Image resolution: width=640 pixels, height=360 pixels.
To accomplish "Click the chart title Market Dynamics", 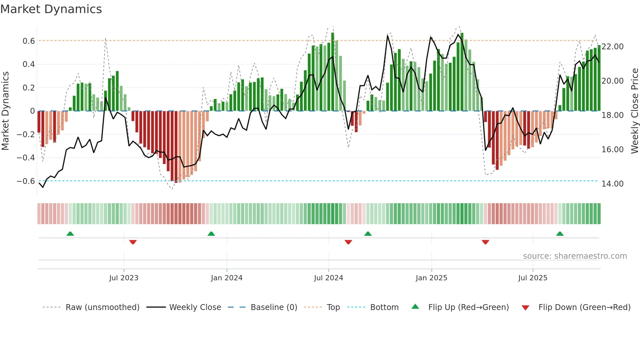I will point(51,9).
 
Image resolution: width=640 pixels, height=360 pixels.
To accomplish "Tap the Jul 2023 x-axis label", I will point(124,278).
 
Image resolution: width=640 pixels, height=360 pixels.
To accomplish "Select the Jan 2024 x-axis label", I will point(227,278).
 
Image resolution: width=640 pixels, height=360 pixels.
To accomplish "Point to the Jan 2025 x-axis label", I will point(431,278).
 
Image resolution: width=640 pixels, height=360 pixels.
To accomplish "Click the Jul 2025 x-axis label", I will point(533,278).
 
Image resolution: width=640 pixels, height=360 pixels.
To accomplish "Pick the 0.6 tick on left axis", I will point(29,41).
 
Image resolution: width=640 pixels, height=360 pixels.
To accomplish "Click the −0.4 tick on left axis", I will point(26,158).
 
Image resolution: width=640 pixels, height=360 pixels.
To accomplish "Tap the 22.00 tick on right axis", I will point(613,47).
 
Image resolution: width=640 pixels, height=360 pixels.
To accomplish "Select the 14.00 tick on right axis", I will point(613,184).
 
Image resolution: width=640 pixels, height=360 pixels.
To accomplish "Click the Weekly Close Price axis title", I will point(634,111).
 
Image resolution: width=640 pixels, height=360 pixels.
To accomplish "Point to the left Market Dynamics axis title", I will point(6,111).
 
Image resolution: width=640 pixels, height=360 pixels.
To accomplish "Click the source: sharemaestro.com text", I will point(575,256).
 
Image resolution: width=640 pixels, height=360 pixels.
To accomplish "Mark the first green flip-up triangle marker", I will point(70,234).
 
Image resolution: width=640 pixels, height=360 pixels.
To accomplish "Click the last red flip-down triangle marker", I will point(485,242).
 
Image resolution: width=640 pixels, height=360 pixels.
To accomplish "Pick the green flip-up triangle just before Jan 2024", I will point(211,234).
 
